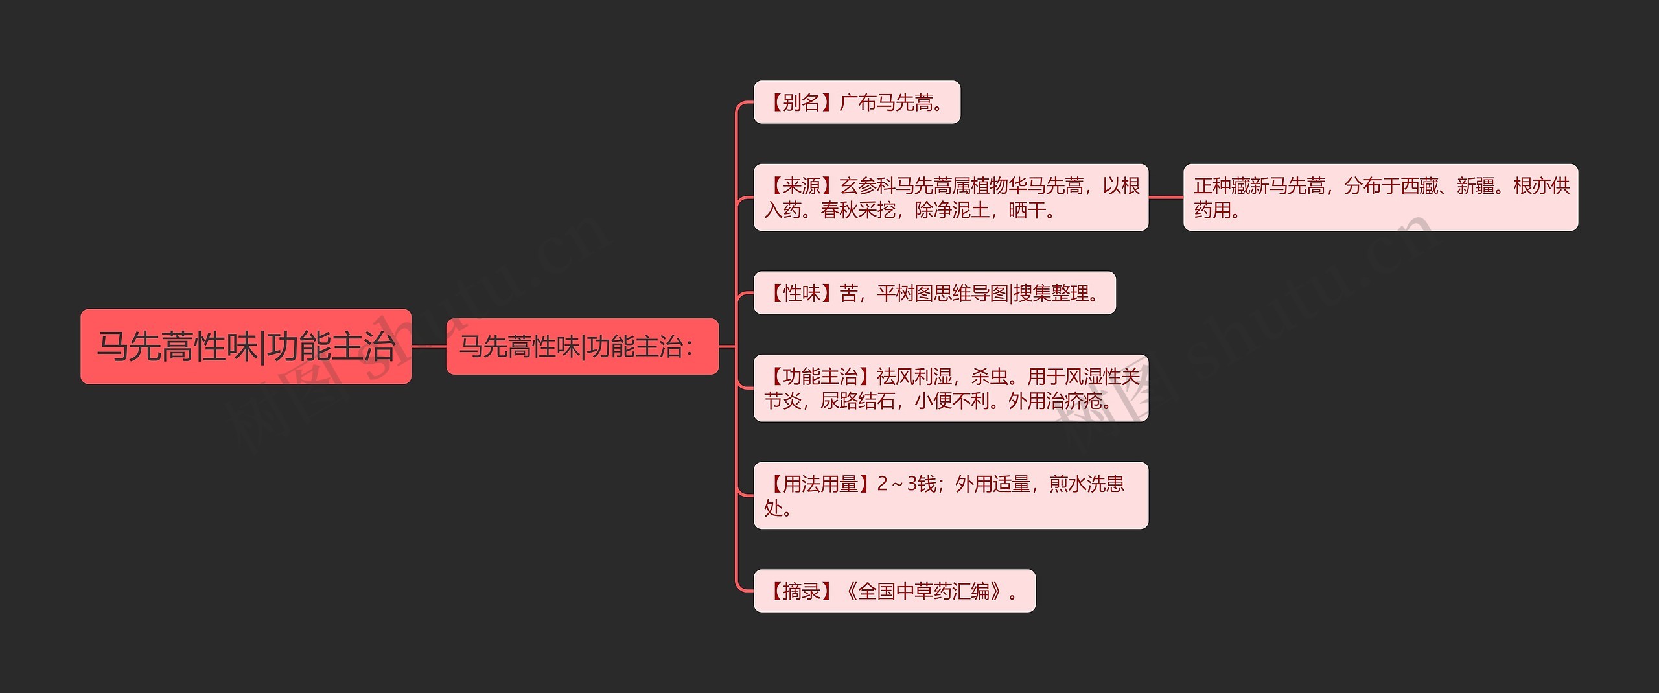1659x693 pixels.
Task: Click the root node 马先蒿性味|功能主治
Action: [x=246, y=346]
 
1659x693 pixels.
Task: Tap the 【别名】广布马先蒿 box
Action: [x=856, y=102]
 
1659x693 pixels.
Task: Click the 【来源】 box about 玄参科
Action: [x=950, y=197]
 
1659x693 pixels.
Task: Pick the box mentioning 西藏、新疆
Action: [x=1380, y=197]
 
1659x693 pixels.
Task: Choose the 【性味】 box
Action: [x=934, y=293]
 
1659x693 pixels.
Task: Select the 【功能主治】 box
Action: [x=950, y=388]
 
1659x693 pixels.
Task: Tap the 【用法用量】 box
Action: [x=950, y=495]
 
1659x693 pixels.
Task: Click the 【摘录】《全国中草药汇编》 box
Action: [x=894, y=591]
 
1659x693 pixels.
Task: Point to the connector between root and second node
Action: [x=428, y=346]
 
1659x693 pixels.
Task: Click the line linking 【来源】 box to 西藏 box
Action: [x=1166, y=197]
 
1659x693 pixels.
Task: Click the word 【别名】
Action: [x=801, y=102]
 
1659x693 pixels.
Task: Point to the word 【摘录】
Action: [x=801, y=591]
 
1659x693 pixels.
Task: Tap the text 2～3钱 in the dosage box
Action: [x=907, y=484]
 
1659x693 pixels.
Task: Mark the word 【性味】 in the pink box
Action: [x=801, y=293]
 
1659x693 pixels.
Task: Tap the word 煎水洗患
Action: [x=1086, y=484]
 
